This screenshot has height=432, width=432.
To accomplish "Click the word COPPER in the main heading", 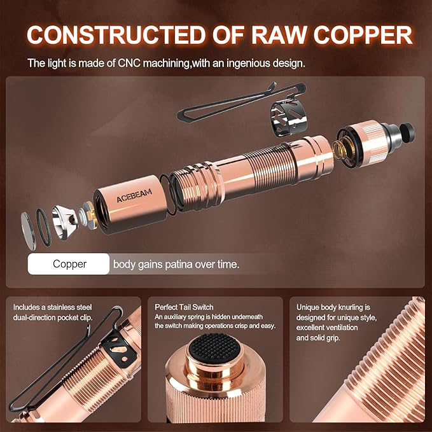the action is pos(363,35).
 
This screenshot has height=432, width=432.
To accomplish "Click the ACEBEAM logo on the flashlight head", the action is pos(134,195).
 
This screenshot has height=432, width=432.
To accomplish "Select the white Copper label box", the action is pos(69,264).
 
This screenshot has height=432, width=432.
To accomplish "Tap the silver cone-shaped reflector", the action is pos(64,222).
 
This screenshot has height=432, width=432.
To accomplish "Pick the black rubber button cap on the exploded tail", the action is pos(407,131).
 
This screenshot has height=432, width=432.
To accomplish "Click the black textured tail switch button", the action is pos(213,346).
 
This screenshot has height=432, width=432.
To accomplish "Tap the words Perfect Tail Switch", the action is pos(184,307).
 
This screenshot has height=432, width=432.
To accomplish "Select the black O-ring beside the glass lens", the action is pos(43,227).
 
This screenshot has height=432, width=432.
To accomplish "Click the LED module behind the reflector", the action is pos(87,214).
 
